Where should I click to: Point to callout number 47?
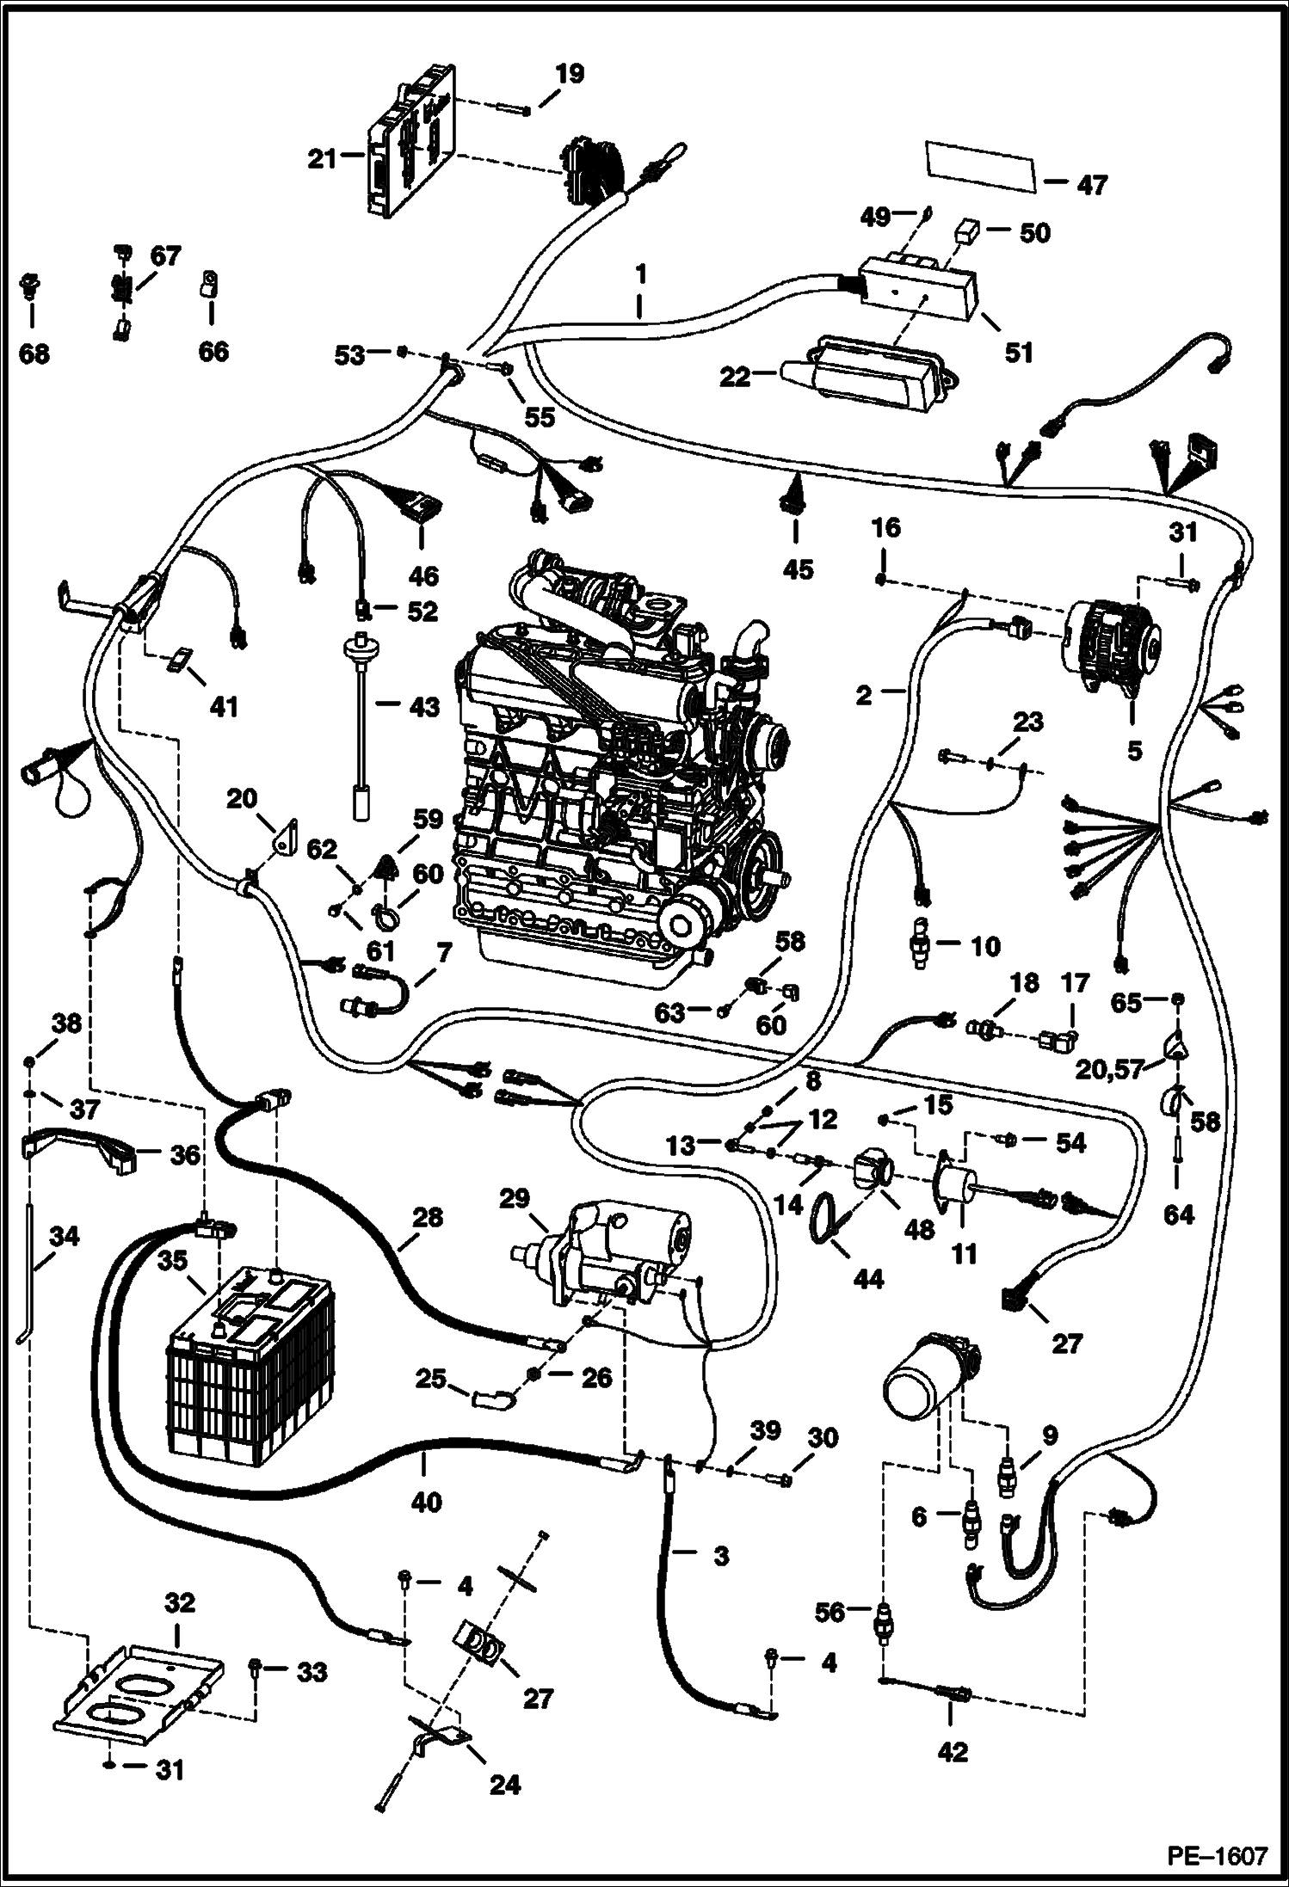pyautogui.click(x=1092, y=184)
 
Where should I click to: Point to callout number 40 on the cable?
pyautogui.click(x=427, y=1502)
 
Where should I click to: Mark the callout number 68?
pyautogui.click(x=34, y=353)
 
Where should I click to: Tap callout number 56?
pyautogui.click(x=830, y=1613)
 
